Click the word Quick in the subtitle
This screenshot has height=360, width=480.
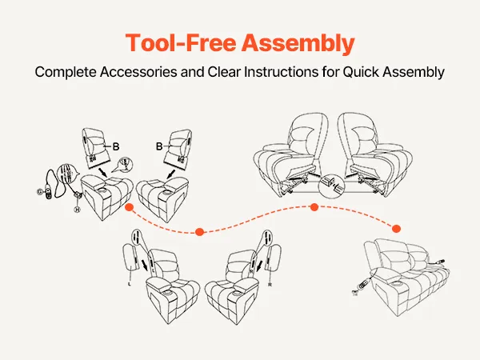pyautogui.click(x=364, y=72)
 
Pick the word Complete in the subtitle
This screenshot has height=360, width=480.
pyautogui.click(x=64, y=72)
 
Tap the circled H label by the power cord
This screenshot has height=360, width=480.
pyautogui.click(x=77, y=209)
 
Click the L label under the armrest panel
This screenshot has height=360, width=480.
pyautogui.click(x=129, y=282)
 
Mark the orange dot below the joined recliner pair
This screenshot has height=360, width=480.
pyautogui.click(x=314, y=207)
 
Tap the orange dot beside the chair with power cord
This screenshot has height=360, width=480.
pyautogui.click(x=128, y=207)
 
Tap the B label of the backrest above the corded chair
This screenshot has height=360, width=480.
pyautogui.click(x=117, y=146)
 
